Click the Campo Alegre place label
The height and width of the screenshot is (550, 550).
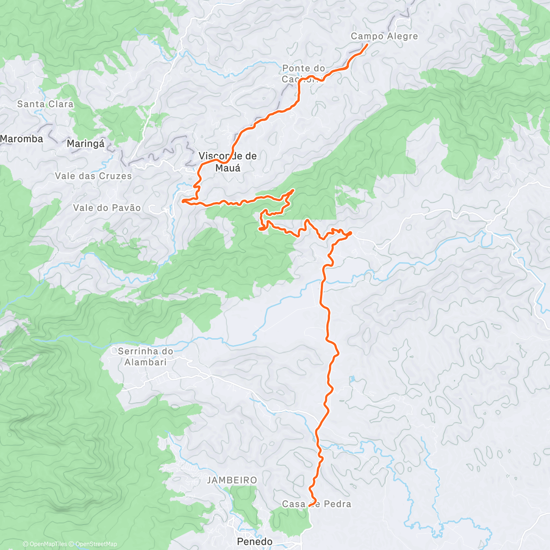point(384,36)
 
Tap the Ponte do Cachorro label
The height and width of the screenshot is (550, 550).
point(303,74)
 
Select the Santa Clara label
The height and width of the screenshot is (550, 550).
point(45,104)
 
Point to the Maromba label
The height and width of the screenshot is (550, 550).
point(22,139)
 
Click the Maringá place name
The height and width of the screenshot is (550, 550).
point(86,144)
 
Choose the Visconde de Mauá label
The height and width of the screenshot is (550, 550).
point(228,162)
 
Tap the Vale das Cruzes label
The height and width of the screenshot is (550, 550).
point(93,176)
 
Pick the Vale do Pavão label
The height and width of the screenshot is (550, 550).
point(107,208)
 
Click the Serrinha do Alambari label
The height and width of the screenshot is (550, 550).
point(145,357)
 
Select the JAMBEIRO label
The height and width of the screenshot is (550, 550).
point(232,480)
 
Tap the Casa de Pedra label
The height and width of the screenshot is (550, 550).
point(316,504)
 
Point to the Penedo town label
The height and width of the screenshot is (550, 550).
point(254,542)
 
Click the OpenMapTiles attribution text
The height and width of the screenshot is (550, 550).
point(45,544)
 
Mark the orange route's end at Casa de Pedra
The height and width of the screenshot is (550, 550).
point(309,505)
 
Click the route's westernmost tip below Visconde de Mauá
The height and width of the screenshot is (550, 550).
point(183,201)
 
